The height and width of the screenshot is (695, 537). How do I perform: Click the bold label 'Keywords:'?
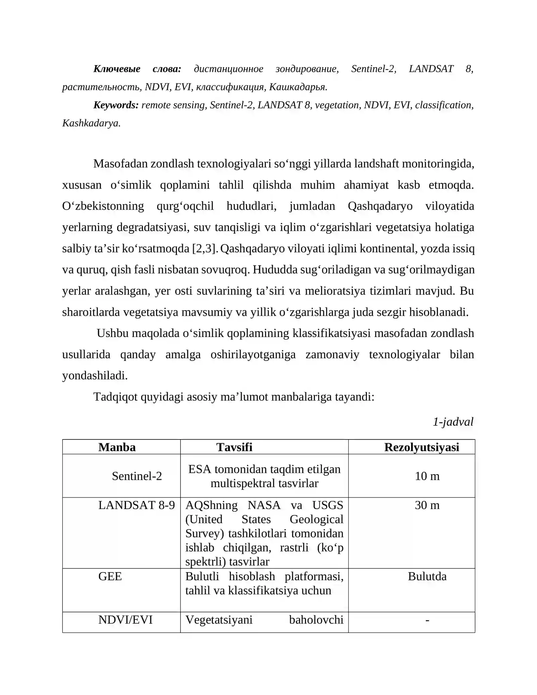(116, 105)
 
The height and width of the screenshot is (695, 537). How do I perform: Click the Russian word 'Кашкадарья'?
(298, 87)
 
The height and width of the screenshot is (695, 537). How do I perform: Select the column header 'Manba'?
(117, 447)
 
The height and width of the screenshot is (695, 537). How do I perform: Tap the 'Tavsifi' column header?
(234, 447)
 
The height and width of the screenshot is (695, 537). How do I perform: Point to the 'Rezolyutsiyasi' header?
(422, 447)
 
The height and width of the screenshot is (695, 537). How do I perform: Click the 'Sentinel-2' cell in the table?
(137, 476)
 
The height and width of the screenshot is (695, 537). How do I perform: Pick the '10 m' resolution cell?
(427, 476)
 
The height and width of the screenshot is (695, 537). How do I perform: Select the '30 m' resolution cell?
(427, 505)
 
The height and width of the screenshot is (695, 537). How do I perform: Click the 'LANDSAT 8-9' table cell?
(136, 505)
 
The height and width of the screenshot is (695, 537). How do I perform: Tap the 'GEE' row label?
(110, 576)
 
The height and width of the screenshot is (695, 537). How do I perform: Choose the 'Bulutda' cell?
(427, 576)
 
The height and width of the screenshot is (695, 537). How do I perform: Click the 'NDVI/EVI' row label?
(126, 620)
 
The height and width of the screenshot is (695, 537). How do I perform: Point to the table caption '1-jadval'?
(453, 422)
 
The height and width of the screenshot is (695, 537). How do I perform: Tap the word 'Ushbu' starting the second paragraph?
(113, 333)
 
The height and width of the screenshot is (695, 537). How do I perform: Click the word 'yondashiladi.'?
(95, 375)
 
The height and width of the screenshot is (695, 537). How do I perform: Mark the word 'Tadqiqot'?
(115, 397)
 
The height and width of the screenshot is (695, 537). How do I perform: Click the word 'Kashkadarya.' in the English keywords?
(91, 123)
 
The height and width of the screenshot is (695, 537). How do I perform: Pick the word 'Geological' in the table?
(316, 519)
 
